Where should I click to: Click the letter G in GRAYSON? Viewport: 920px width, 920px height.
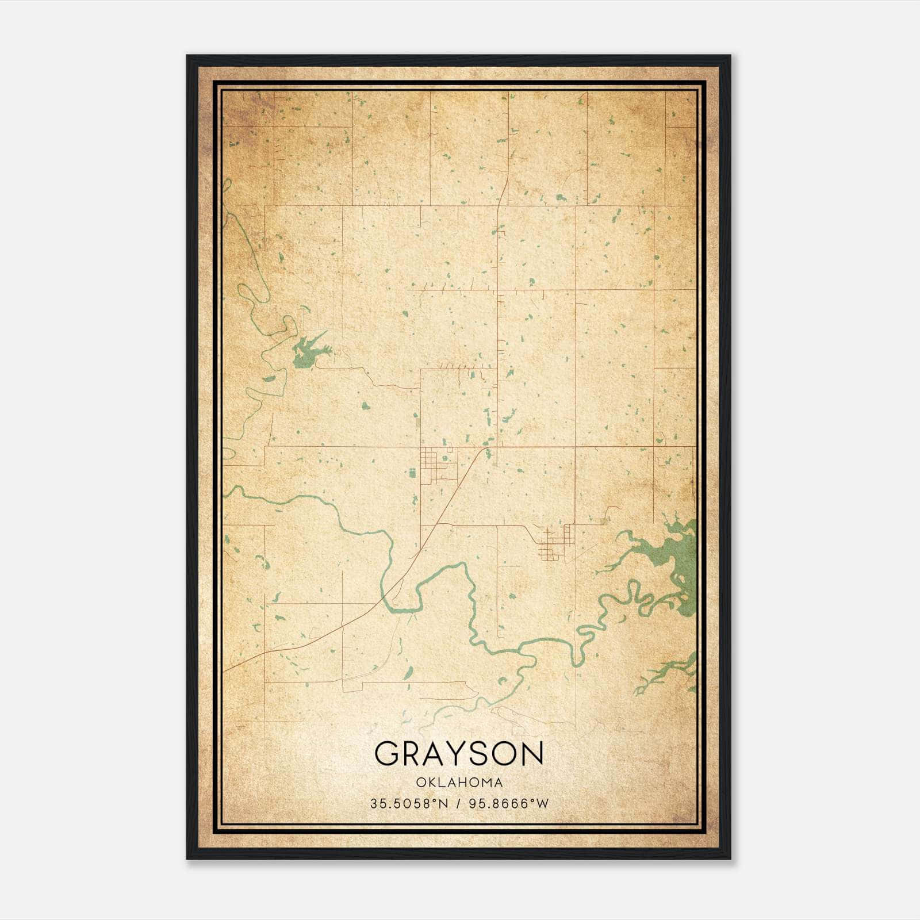tap(387, 753)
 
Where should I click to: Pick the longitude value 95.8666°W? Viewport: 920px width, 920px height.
tap(509, 804)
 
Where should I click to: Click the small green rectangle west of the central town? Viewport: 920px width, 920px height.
tap(412, 473)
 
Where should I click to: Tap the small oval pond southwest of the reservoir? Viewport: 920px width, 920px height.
tap(269, 379)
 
